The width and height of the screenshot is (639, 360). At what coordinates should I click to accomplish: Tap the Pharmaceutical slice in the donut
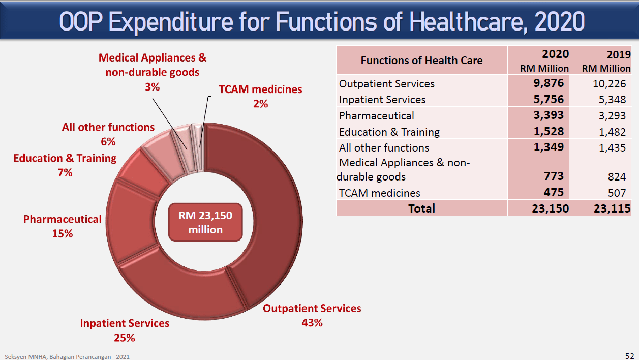pyautogui.click(x=133, y=224)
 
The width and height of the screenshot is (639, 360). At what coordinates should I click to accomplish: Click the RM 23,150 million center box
pyautogui.click(x=205, y=223)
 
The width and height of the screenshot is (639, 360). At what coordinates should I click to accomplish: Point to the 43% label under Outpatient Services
pyautogui.click(x=312, y=322)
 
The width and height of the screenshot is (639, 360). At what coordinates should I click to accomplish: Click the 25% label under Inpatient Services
pyautogui.click(x=125, y=338)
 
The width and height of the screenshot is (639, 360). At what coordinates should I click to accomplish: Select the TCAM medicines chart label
pyautogui.click(x=260, y=89)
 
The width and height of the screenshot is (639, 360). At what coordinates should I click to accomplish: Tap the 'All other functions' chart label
pyautogui.click(x=108, y=127)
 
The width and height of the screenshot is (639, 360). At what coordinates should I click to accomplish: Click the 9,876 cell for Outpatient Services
pyautogui.click(x=549, y=83)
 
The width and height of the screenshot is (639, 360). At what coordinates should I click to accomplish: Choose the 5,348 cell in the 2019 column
pyautogui.click(x=613, y=99)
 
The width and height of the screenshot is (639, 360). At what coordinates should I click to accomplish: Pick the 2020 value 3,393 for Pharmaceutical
pyautogui.click(x=549, y=115)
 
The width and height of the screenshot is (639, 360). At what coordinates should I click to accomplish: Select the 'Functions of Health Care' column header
pyautogui.click(x=421, y=60)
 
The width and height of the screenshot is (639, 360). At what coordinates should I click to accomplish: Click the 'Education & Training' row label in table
pyautogui.click(x=389, y=132)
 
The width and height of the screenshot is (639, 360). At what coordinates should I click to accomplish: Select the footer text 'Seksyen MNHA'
pyautogui.click(x=25, y=357)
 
